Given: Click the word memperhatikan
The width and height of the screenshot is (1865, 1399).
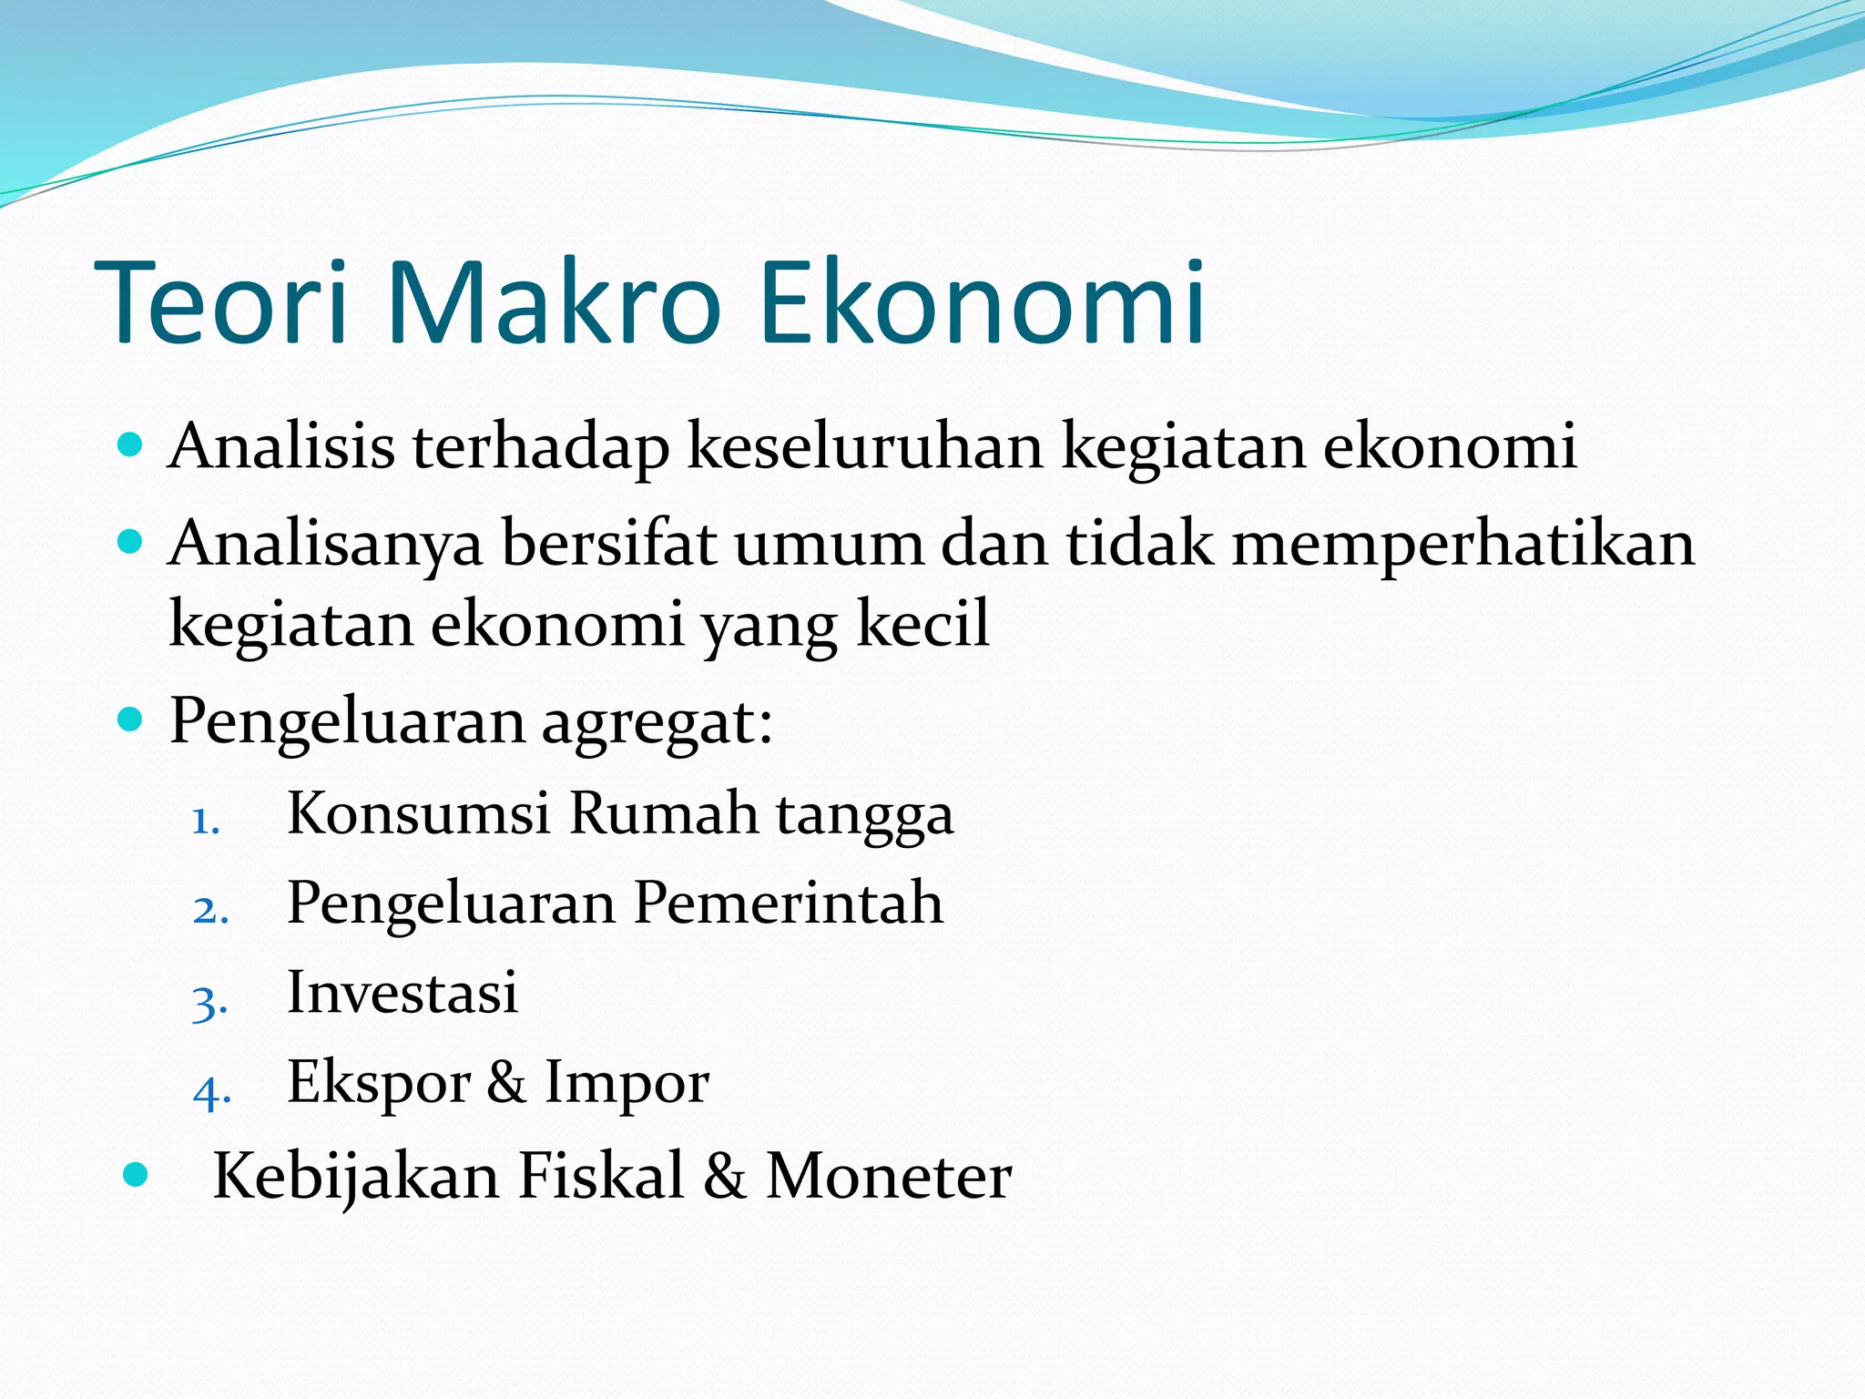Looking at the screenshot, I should click(1463, 544).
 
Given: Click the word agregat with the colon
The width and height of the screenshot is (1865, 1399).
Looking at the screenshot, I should click(657, 722).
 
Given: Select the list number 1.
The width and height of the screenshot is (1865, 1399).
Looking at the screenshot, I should click(207, 822).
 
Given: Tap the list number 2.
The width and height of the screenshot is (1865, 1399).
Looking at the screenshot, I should click(209, 910).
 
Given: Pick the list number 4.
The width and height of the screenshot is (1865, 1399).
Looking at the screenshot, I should click(211, 1090).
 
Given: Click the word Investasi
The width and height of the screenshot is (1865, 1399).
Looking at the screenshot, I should click(402, 992).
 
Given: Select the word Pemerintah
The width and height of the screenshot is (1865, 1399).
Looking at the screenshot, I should click(788, 903).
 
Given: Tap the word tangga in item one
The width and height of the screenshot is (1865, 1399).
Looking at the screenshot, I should click(864, 815).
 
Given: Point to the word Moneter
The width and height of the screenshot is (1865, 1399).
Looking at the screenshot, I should click(888, 1176).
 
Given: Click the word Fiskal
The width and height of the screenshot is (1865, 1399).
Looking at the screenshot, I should click(600, 1176).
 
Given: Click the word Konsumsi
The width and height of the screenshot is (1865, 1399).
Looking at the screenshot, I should click(418, 812).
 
